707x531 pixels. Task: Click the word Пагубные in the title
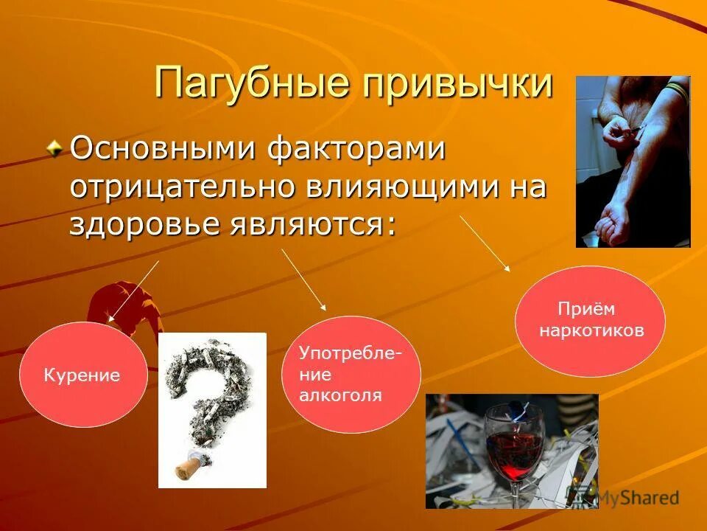[x=250, y=83]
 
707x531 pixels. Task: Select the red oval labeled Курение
[x=82, y=375]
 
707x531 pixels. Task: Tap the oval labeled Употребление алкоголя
[x=351, y=374]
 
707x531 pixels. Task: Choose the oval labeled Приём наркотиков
[x=590, y=321]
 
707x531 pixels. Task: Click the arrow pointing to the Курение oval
[x=134, y=291]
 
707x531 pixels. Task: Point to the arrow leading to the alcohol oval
[x=303, y=280]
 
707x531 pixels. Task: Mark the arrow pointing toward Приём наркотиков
[x=485, y=244]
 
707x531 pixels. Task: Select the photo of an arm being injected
[x=633, y=161]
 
